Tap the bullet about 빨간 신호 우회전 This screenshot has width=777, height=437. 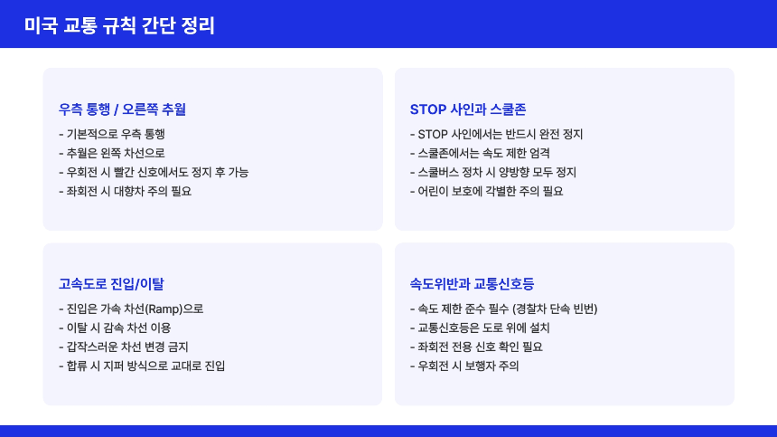153,172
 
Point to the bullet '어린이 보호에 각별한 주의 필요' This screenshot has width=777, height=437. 486,191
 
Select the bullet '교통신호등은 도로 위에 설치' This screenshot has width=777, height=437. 485,328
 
